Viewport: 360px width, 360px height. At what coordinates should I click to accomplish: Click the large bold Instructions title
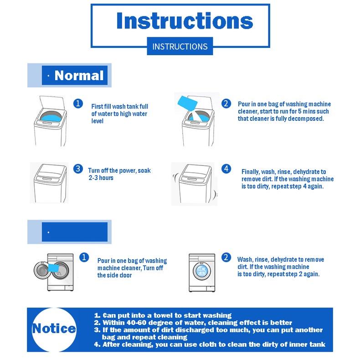coord(185,21)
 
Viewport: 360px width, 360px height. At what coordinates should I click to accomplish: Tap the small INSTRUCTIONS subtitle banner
coord(180,46)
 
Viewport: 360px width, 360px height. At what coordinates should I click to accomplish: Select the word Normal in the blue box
coord(79,75)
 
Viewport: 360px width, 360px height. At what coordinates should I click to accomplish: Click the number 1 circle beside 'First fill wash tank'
coord(78,103)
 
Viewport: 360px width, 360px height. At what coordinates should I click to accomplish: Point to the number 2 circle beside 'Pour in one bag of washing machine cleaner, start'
coord(226,103)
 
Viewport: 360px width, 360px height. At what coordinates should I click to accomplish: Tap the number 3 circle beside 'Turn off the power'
coord(78,169)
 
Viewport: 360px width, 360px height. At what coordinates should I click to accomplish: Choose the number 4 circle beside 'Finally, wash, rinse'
coord(226,169)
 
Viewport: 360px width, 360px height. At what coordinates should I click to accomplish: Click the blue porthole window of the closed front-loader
coord(202,271)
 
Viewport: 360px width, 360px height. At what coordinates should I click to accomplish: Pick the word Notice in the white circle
coord(54,328)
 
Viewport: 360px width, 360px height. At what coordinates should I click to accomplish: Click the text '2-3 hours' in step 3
coord(101,178)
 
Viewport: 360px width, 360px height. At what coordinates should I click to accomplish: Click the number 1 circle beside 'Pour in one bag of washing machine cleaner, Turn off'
coord(84,257)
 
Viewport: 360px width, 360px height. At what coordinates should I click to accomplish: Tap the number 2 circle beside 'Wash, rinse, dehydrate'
coord(226,257)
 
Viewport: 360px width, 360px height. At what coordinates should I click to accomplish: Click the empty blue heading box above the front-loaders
coord(75,232)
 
